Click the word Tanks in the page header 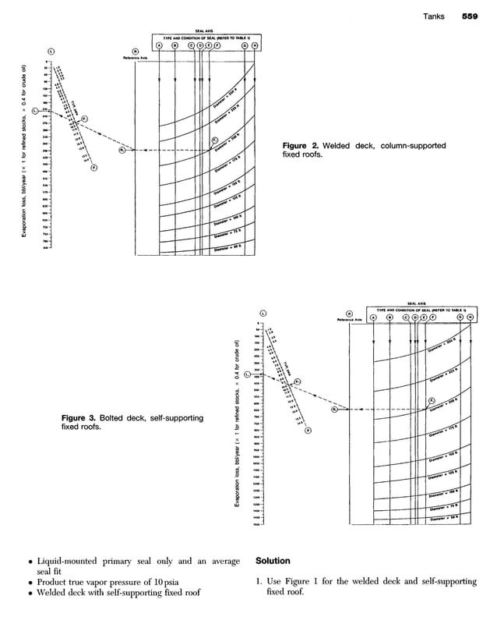click(434, 15)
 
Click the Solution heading click(273, 561)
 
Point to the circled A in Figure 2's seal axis click(159, 45)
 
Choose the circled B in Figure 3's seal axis click(390, 317)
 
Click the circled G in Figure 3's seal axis click(460, 317)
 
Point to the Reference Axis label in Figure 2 click(136, 58)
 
